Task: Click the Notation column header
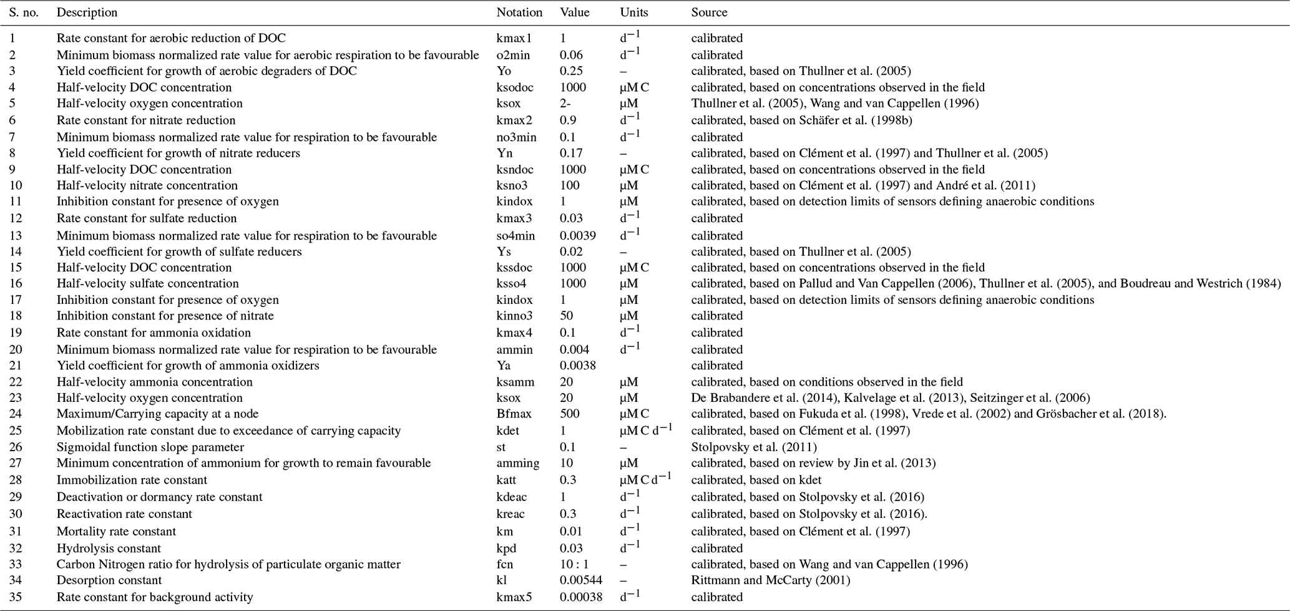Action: click(519, 12)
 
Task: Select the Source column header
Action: click(709, 12)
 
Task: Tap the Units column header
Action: click(633, 12)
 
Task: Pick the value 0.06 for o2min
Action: click(571, 56)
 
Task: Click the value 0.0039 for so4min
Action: click(578, 236)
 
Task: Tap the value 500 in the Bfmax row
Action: click(569, 414)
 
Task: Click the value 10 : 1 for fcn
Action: click(575, 564)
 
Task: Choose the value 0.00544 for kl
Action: click(581, 580)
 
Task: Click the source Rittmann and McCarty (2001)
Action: click(770, 580)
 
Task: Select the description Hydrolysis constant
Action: click(109, 549)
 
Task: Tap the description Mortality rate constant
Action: click(116, 532)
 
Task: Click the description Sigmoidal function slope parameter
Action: click(150, 447)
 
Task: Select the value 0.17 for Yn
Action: click(571, 154)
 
